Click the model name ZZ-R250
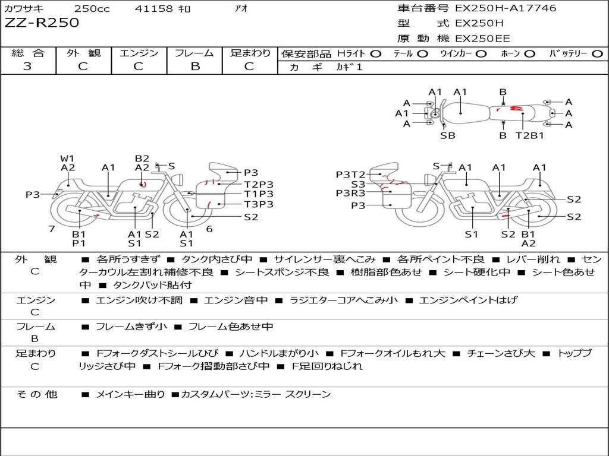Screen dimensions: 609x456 coord(42,23)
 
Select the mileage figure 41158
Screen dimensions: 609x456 coord(153,8)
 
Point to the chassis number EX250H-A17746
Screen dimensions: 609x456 coord(506,8)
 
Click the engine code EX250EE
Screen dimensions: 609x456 coord(482,39)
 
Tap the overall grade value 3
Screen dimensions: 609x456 coord(27,66)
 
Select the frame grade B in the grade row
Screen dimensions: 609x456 coord(195,66)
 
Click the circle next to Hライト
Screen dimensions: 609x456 coord(376,54)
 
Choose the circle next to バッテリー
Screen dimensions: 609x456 coord(598,54)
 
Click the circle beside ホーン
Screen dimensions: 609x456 coord(529,54)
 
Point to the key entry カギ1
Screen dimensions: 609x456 coord(349,67)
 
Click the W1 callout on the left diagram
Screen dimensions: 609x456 coord(67,159)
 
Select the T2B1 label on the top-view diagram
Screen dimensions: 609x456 coord(530,136)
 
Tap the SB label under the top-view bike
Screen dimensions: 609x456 coord(448,136)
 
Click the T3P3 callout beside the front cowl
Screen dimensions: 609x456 coord(259,204)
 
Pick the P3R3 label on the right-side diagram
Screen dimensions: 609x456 coord(351,193)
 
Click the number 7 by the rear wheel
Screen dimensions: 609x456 coord(52,229)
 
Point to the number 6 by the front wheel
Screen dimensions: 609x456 coord(209,229)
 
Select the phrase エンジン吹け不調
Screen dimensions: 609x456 coord(139,300)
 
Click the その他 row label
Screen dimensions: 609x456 coord(37,394)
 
